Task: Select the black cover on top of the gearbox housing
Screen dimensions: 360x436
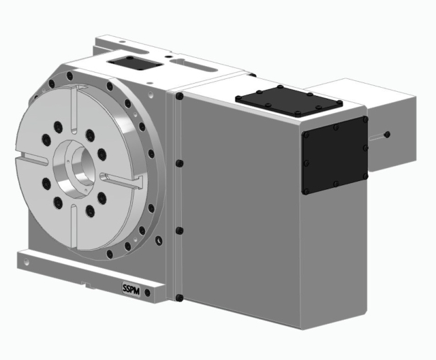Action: pos(288,102)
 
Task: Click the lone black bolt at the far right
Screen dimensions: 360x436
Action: pos(387,134)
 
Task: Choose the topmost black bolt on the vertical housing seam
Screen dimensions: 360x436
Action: pos(178,97)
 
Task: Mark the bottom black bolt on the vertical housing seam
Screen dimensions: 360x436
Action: pos(178,297)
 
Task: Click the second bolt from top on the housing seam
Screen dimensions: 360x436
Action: pos(178,164)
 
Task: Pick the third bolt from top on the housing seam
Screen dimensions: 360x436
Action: pos(178,231)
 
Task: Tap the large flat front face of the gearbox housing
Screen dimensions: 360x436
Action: pos(238,218)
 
